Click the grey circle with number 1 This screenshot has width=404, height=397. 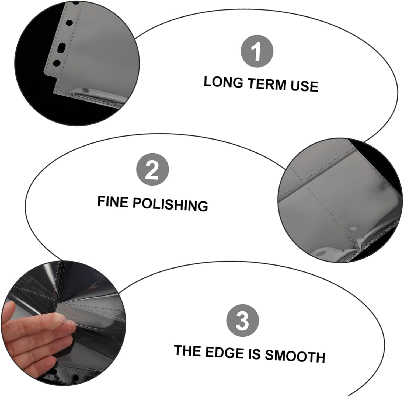pos(257,51)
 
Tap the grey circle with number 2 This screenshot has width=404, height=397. pos(153,170)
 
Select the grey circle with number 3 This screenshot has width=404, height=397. pos(243,321)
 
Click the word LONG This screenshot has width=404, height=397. pos(223,82)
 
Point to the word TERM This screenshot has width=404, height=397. pos(267,84)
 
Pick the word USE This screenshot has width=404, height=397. pos(304,86)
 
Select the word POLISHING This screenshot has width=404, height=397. pos(170,205)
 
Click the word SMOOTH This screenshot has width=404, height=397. pos(295,356)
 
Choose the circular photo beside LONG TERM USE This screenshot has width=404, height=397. pos(77,63)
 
